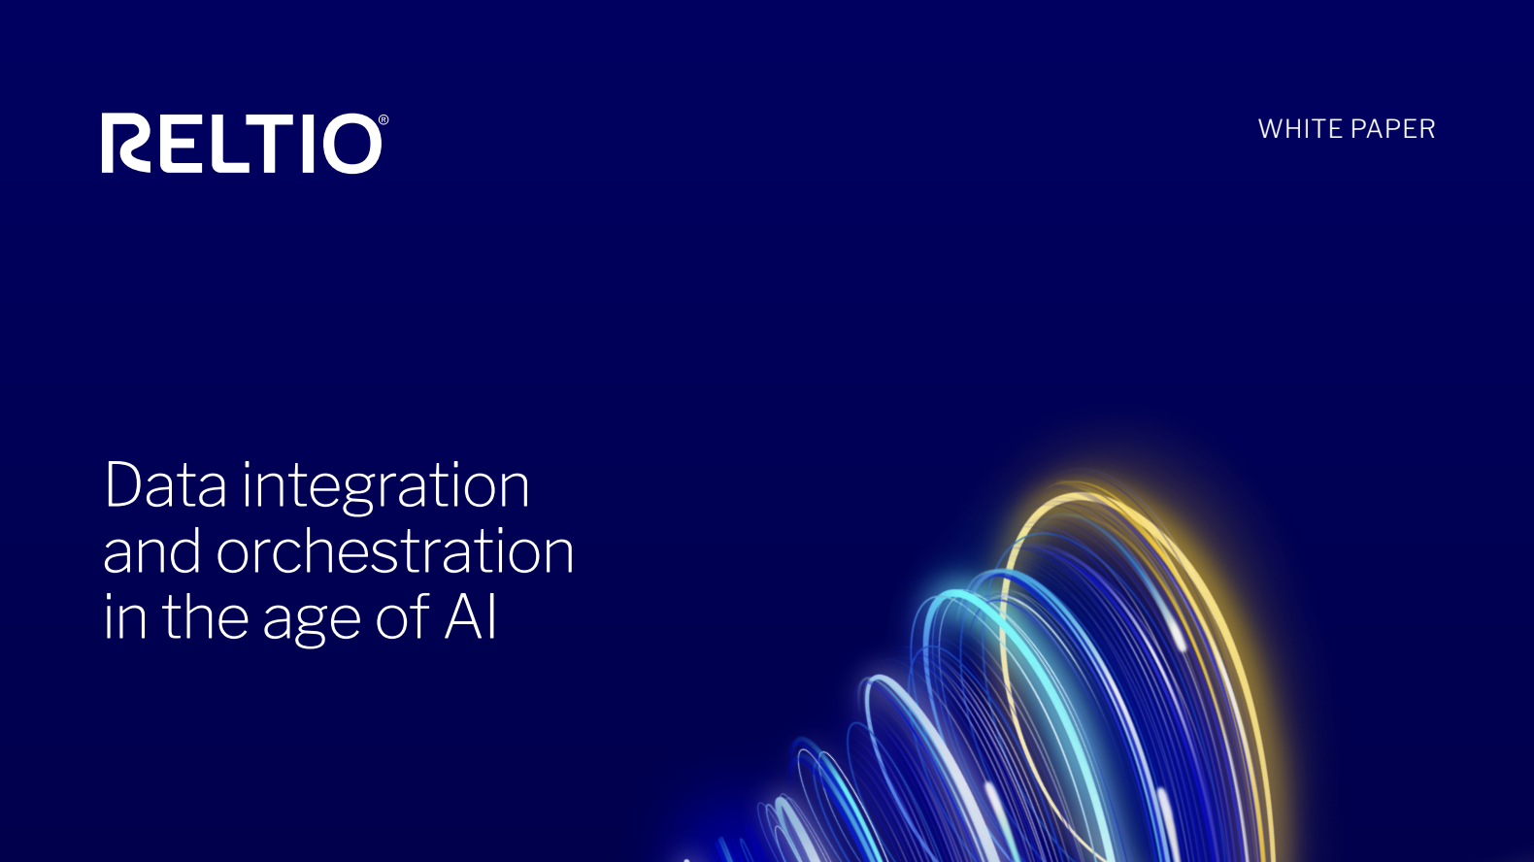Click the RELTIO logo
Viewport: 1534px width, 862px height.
(245, 143)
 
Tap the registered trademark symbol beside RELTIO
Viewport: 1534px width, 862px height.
(383, 119)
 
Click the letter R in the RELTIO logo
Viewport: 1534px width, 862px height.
(126, 143)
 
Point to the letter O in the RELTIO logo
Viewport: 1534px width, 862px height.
(352, 144)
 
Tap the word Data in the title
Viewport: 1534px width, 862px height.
(165, 484)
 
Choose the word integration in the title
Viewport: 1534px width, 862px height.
(386, 487)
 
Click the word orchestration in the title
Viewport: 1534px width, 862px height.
(395, 550)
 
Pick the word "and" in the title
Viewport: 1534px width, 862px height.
(152, 550)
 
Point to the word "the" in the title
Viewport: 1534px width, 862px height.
(206, 616)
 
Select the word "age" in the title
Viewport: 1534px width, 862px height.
(312, 621)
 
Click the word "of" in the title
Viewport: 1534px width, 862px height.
(403, 616)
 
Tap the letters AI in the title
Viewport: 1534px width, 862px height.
(470, 616)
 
